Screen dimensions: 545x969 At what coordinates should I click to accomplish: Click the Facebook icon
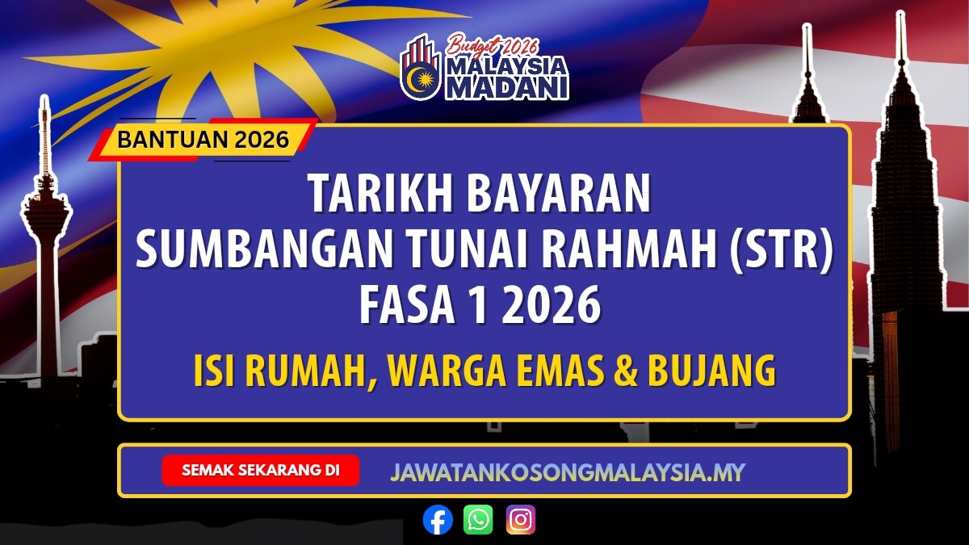pos(438,520)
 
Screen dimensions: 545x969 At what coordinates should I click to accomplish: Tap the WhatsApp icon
pos(478,520)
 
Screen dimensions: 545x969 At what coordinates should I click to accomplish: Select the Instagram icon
pos(521,520)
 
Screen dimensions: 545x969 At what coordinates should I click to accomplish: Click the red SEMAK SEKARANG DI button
pos(260,470)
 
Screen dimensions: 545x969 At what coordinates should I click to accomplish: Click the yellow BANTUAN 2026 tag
pos(203,140)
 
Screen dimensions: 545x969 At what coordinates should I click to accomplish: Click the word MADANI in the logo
pos(507,87)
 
